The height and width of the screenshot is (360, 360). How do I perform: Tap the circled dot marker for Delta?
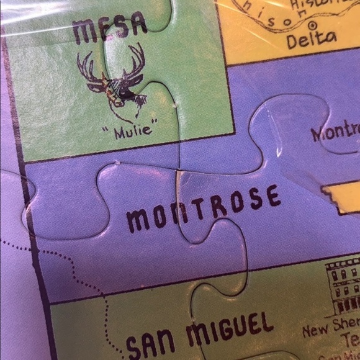coord(312,25)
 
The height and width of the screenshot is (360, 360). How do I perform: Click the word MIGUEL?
coord(230,328)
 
